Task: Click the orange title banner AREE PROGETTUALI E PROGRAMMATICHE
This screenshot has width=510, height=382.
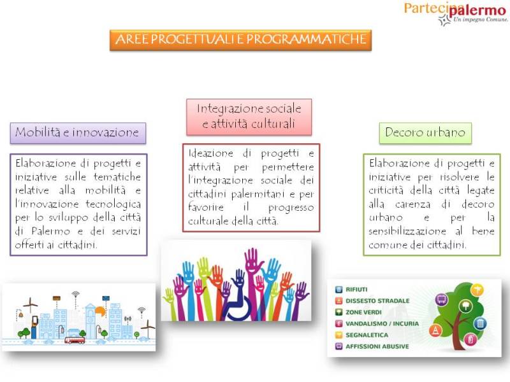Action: [x=241, y=40]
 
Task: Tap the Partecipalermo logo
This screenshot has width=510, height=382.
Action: [x=455, y=13]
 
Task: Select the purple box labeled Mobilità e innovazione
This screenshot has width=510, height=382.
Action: [x=78, y=133]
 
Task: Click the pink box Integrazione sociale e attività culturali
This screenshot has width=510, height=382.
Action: [x=249, y=117]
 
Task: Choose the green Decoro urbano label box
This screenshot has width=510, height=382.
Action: [x=425, y=132]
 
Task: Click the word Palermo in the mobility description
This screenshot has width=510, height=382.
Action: [x=51, y=231]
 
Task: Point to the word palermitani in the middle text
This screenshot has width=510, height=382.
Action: [x=258, y=195]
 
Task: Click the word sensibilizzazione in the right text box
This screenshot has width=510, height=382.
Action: [x=407, y=231]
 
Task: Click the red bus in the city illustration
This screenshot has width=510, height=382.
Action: [x=75, y=341]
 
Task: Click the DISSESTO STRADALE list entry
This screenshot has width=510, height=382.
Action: [x=372, y=301]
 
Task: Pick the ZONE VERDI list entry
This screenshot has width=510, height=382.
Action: [x=358, y=312]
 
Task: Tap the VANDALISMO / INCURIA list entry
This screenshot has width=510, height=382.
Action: [x=377, y=323]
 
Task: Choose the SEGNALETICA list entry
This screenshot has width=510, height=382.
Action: [x=361, y=335]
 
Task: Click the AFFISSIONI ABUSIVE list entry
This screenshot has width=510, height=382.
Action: [x=372, y=346]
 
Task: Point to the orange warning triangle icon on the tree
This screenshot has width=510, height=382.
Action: [x=435, y=330]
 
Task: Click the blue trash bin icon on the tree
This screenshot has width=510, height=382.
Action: [x=480, y=323]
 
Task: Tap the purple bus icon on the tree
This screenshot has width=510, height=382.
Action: [x=442, y=299]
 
